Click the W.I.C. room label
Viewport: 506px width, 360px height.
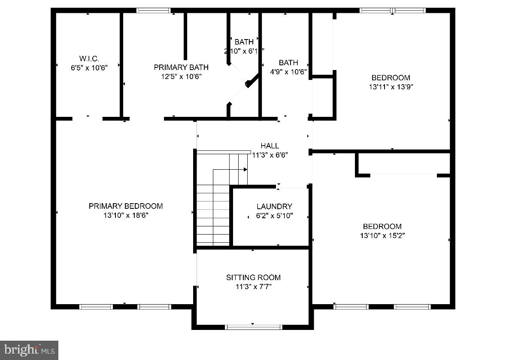(89, 58)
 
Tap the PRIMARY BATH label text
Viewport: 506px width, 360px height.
(181, 67)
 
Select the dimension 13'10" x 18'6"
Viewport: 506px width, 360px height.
(126, 215)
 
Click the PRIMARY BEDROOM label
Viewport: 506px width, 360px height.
(126, 206)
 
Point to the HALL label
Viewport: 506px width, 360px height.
(270, 146)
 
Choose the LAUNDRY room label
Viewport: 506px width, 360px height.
(274, 207)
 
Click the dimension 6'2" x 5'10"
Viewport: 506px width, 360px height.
(274, 216)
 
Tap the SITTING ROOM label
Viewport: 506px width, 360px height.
(253, 278)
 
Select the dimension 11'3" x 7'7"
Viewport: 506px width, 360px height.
(253, 287)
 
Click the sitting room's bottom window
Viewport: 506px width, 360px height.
(253, 327)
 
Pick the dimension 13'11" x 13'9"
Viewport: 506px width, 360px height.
(391, 87)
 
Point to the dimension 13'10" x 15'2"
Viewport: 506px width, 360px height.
(382, 235)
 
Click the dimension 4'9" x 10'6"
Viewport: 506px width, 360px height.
(288, 72)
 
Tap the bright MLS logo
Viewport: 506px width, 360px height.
(29, 350)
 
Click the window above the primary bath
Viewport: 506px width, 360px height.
(153, 11)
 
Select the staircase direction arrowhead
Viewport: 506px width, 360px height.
(246, 170)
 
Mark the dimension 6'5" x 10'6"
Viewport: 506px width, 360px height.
(89, 67)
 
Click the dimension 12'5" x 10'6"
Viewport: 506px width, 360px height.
(181, 76)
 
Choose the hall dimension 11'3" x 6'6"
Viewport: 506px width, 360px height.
(270, 155)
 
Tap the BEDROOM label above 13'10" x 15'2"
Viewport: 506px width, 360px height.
(382, 226)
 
